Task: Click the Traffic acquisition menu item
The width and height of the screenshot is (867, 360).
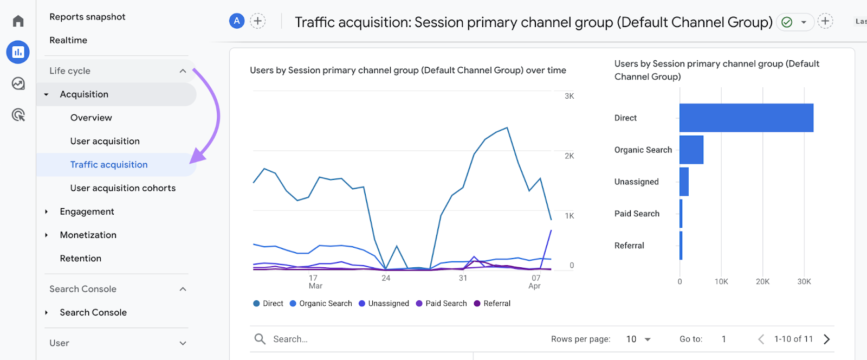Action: (108, 165)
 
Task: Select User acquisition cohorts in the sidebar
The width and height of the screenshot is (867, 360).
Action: (122, 188)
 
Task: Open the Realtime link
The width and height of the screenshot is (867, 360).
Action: (68, 40)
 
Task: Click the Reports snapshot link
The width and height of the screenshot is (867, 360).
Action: (87, 17)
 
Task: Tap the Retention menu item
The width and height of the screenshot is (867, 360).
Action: (80, 259)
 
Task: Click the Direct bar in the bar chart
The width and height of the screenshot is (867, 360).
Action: (746, 118)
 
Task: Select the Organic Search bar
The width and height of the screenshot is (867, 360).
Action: (691, 150)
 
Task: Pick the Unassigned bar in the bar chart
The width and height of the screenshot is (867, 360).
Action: (684, 182)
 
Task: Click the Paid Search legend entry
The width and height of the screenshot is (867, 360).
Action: (441, 304)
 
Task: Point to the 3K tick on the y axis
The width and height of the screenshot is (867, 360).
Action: (569, 96)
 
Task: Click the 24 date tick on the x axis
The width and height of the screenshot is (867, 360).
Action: (386, 278)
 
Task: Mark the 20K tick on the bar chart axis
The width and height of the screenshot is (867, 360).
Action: (762, 282)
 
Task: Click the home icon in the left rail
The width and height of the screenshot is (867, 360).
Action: (18, 21)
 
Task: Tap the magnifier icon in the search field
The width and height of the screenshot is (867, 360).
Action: (260, 339)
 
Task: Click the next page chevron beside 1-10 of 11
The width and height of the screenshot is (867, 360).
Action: (827, 339)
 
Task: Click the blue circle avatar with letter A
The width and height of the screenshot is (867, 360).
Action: (237, 21)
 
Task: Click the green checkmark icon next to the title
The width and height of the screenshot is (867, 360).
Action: (787, 22)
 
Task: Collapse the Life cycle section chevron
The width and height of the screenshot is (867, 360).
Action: (183, 71)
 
